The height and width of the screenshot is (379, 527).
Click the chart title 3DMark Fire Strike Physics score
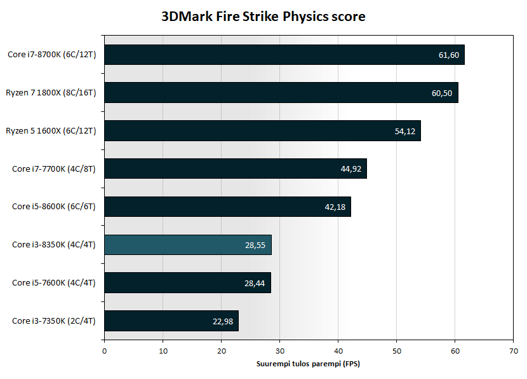(x=263, y=17)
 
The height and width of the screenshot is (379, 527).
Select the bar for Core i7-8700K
(x=284, y=55)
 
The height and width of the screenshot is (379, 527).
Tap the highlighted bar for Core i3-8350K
(x=188, y=245)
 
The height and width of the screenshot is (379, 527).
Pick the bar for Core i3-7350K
(x=171, y=320)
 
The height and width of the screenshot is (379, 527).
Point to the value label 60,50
(x=442, y=93)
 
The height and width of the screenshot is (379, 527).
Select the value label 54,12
(x=404, y=131)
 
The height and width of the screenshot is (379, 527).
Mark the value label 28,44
(x=255, y=283)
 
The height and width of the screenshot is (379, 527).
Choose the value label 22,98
(x=223, y=321)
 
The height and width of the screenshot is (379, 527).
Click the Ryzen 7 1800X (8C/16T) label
(x=51, y=93)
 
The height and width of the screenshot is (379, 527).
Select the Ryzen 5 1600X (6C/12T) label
(x=51, y=131)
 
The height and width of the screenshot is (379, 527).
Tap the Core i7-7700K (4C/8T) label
(x=54, y=169)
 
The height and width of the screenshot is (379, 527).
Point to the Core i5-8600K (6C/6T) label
(x=54, y=207)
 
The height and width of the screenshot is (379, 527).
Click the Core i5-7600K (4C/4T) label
(x=54, y=283)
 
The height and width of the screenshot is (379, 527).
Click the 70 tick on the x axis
(x=513, y=350)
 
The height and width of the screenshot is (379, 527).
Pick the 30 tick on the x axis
(x=279, y=350)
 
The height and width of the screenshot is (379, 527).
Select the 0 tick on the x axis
(x=104, y=350)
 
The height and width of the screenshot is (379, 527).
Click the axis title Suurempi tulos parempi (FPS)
(x=308, y=364)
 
